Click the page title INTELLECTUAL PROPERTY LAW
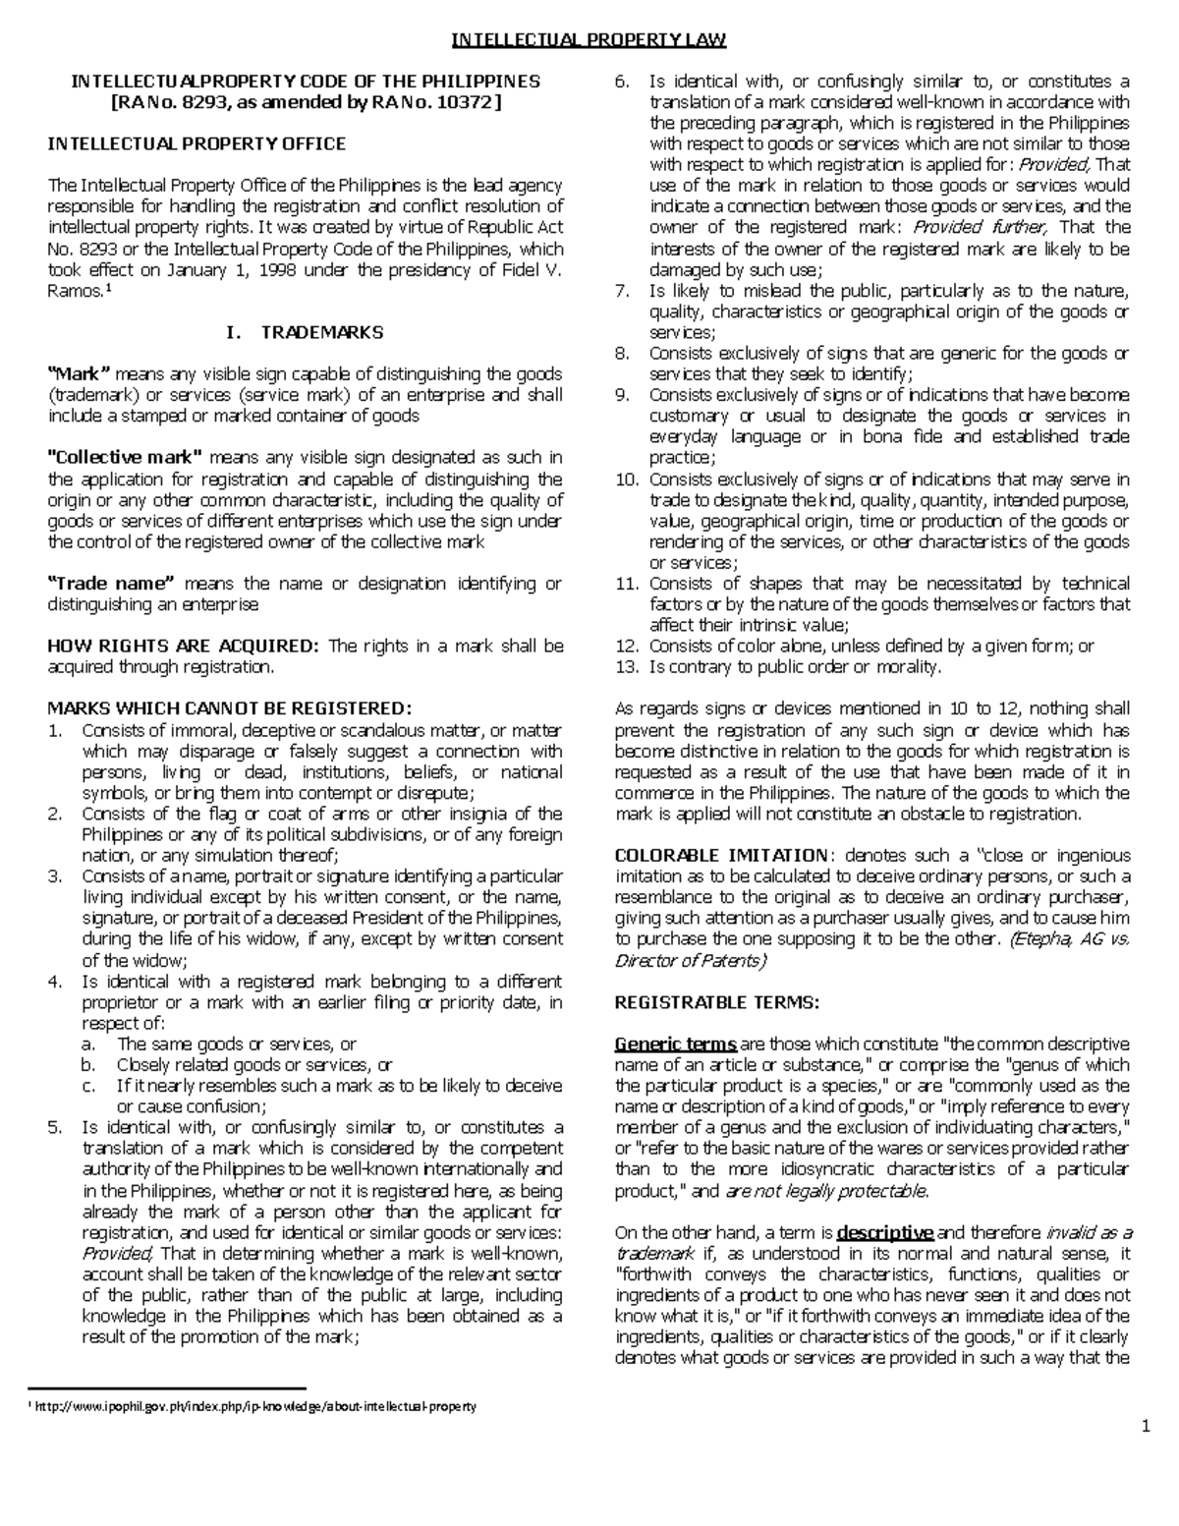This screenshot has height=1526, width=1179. pyautogui.click(x=588, y=40)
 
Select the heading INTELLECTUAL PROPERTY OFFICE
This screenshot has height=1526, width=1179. pyautogui.click(x=197, y=143)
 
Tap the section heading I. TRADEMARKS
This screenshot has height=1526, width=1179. pyautogui.click(x=304, y=332)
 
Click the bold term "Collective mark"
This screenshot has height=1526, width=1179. pyautogui.click(x=125, y=457)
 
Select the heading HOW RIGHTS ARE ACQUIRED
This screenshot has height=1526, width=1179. pyautogui.click(x=184, y=646)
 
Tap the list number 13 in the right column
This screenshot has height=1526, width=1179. pyautogui.click(x=626, y=667)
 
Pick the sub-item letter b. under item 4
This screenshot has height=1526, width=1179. pyautogui.click(x=88, y=1065)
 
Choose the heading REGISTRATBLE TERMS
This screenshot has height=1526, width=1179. pyautogui.click(x=715, y=1002)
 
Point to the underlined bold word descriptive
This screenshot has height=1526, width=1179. pyautogui.click(x=885, y=1232)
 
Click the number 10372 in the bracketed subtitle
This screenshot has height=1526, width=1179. pyautogui.click(x=466, y=102)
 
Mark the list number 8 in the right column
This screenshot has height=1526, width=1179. pyautogui.click(x=621, y=353)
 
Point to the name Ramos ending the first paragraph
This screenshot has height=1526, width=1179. pyautogui.click(x=74, y=291)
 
